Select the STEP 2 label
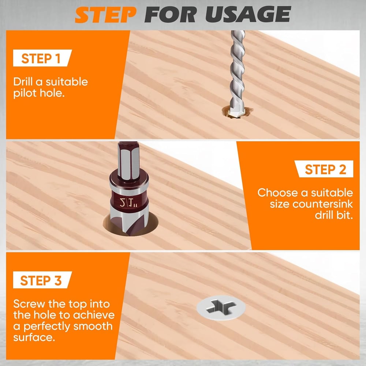325,170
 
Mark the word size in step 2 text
279,204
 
